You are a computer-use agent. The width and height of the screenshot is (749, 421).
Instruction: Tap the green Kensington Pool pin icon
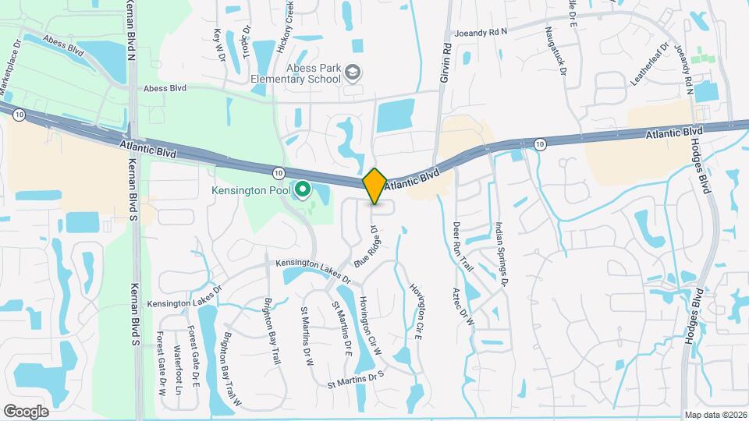coord(301,189)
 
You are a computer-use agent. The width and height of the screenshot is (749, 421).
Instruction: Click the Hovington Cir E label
coord(418,310)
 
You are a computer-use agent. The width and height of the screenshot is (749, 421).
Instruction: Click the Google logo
coord(26,412)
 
